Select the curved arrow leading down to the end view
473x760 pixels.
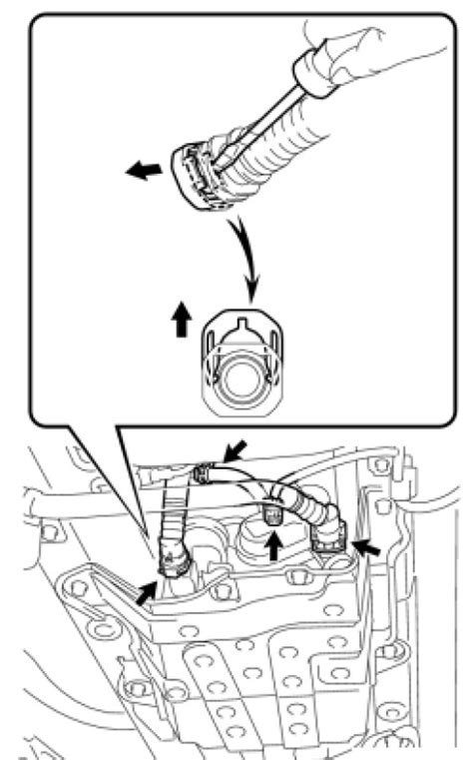coord(245,250)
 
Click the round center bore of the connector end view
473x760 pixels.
coord(243,379)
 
